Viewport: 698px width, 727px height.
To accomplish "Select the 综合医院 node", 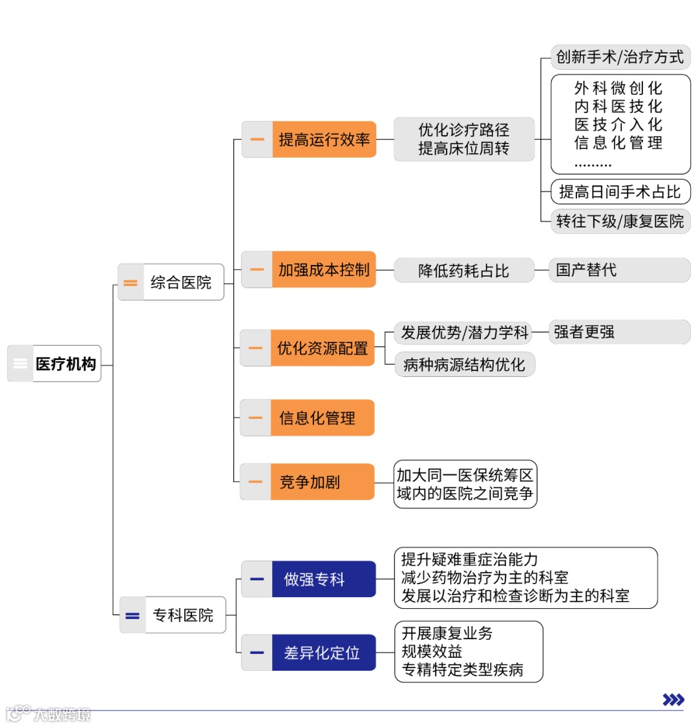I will tap(182, 282).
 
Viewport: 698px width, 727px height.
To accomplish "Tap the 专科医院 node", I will tap(184, 615).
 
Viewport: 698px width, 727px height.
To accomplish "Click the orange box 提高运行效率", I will tap(324, 140).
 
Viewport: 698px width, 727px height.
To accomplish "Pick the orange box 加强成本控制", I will tap(324, 269).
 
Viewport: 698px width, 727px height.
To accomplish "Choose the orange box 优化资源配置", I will tap(323, 348).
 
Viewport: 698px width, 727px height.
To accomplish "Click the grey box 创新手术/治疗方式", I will tap(620, 57).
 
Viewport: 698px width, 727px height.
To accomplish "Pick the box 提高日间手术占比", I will tap(620, 192).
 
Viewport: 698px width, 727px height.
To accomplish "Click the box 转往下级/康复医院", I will tap(620, 221).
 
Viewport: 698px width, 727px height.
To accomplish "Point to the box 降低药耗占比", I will tap(464, 270).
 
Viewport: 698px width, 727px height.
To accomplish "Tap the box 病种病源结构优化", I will tap(464, 364).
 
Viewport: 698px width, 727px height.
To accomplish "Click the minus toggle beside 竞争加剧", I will tap(256, 482).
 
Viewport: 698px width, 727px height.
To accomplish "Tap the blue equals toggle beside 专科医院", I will tap(132, 616).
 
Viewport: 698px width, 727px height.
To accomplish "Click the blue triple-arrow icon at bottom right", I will tap(673, 699).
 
